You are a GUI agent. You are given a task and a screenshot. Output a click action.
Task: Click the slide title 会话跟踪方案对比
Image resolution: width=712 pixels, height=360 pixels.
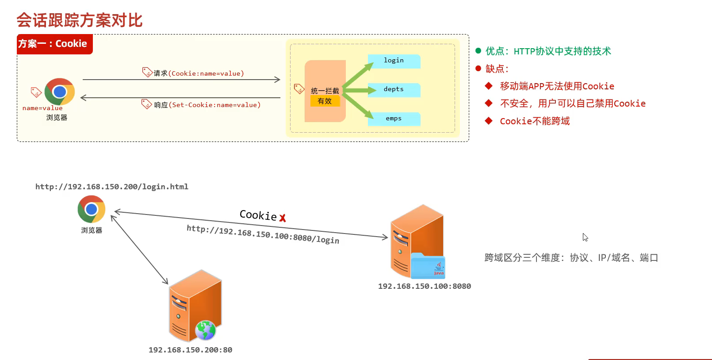pos(80,20)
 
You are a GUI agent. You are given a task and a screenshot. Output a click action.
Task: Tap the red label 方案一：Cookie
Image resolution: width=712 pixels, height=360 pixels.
pos(53,44)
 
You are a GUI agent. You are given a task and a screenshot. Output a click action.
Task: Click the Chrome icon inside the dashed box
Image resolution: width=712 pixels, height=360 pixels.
pos(60,92)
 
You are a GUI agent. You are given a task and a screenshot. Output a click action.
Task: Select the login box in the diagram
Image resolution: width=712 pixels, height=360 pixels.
pos(394,61)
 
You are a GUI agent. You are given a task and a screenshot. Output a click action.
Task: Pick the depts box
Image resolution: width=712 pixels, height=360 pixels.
pos(394,89)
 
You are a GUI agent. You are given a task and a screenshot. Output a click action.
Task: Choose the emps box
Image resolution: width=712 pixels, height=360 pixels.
pos(394,119)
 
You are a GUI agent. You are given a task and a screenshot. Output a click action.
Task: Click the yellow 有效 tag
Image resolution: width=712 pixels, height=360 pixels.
pos(325,101)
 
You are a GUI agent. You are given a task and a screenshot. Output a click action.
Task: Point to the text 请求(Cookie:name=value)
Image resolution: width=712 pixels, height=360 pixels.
pos(199,73)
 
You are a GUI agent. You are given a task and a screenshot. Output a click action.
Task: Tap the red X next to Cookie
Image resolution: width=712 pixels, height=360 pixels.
pos(283,218)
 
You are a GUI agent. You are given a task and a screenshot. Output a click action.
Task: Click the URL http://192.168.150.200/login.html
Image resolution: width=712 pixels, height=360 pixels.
pos(112,187)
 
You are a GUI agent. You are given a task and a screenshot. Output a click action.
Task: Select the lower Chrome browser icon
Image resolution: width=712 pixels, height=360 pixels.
pos(92,209)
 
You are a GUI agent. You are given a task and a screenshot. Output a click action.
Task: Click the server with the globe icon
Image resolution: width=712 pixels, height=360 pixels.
pos(195,305)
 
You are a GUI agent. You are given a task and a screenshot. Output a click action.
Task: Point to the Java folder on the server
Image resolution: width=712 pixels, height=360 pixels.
pos(428,266)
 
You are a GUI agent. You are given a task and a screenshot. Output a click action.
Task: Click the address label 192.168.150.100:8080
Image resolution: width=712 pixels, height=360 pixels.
pos(424,286)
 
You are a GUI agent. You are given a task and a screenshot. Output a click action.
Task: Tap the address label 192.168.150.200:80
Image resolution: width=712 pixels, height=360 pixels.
pos(190,350)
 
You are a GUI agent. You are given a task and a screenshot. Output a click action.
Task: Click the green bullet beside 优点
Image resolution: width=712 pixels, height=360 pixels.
pos(478,51)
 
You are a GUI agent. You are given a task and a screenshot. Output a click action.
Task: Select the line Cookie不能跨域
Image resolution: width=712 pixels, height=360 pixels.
pos(535,121)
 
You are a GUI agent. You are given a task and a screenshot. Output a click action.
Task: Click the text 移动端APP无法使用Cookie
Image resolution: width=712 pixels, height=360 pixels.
pos(557,86)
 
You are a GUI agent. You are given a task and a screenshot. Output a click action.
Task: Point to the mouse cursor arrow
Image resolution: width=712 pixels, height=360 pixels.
pos(585,237)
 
